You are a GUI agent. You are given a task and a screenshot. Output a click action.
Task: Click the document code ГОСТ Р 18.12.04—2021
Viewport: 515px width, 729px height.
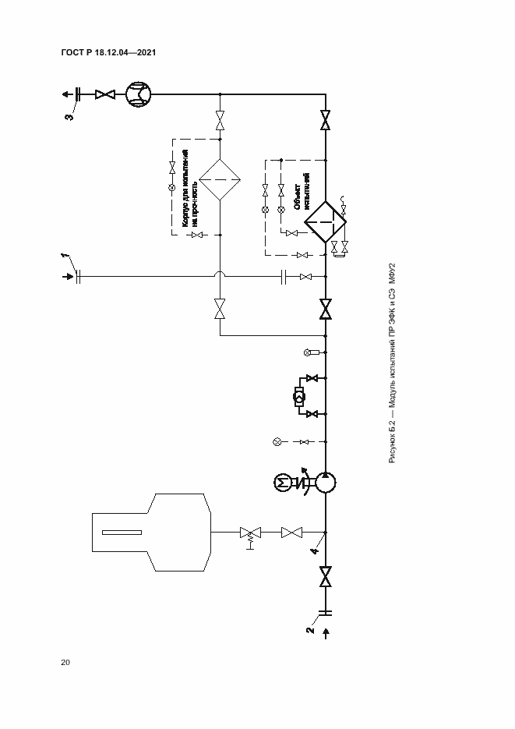(x=109, y=52)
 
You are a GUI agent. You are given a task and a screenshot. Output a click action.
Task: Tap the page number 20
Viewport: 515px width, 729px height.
(x=65, y=663)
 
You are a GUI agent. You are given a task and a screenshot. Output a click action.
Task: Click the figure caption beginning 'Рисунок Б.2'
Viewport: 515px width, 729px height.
(x=393, y=363)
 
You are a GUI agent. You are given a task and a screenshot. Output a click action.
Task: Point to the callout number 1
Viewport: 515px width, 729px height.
(x=66, y=257)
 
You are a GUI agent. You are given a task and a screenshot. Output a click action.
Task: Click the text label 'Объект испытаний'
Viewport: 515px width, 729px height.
(x=302, y=193)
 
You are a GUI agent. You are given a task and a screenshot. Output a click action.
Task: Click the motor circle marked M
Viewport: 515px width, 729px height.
(x=282, y=483)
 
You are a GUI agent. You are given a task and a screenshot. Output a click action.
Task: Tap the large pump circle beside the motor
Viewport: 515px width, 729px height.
(x=325, y=483)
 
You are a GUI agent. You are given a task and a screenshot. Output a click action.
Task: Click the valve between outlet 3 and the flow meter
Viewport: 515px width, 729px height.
(x=104, y=94)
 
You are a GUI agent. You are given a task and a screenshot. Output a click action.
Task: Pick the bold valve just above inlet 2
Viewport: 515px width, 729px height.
(x=325, y=578)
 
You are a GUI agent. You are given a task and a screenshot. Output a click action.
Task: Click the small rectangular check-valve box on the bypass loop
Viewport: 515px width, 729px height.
(x=298, y=395)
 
